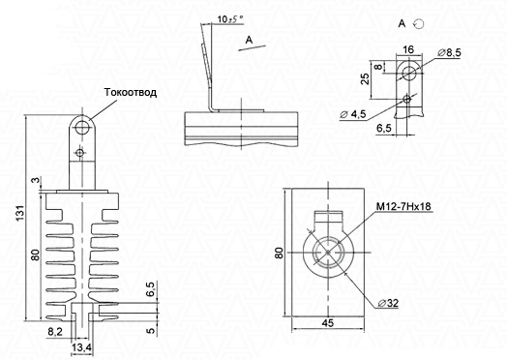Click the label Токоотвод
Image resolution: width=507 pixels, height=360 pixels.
131,92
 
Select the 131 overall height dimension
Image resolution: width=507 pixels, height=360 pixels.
20,213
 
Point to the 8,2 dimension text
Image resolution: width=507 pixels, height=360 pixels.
55,332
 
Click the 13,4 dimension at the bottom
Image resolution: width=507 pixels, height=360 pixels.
81,348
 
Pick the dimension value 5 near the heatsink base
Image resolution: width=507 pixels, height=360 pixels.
151,331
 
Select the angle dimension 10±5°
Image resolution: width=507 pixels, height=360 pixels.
230,19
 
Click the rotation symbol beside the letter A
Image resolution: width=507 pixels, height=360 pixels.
419,23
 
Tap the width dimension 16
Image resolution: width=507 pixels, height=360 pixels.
408,49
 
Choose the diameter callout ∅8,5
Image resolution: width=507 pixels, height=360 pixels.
450,52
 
